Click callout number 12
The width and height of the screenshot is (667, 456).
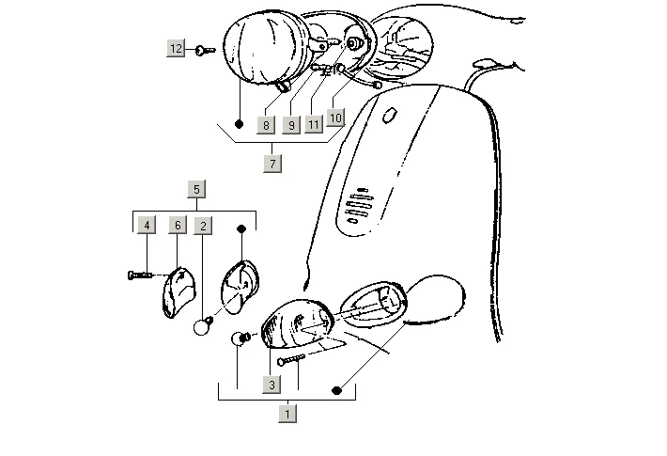pos(177,48)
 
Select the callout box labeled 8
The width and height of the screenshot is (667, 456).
pos(267,124)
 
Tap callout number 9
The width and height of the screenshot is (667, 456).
pos(291,124)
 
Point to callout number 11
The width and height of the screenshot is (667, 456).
pos(315,124)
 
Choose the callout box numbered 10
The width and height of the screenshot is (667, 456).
pos(336,118)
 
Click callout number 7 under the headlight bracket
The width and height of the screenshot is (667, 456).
pos(272,163)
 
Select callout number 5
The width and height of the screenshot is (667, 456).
pos(195,189)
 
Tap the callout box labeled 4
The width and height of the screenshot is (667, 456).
pos(147,225)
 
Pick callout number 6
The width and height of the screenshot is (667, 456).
pos(177,225)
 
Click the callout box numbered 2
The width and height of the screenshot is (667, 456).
pos(203,225)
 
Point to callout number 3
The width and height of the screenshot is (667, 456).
pos(271,384)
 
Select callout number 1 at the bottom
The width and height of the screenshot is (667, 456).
pos(287,412)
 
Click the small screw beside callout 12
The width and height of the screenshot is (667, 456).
pos(206,49)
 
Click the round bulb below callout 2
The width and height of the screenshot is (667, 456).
pos(201,326)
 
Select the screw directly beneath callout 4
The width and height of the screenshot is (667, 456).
pos(139,274)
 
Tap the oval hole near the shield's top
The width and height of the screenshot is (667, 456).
pos(388,118)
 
